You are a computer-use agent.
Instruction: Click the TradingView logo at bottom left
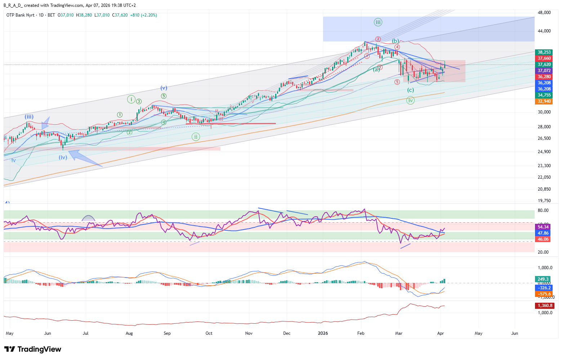point(33,349)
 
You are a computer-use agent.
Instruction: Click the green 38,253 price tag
point(544,52)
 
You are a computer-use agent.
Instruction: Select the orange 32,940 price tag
point(544,101)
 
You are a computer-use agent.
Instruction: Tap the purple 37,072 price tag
point(544,71)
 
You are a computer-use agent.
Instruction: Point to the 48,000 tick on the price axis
point(544,13)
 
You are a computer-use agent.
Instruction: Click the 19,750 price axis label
point(544,201)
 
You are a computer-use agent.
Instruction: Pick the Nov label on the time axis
point(249,333)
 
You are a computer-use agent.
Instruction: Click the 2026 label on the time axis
point(323,333)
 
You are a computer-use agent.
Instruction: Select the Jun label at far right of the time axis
point(514,333)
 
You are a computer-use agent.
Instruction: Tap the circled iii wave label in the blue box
point(378,22)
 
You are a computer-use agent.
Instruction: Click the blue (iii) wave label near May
point(29,117)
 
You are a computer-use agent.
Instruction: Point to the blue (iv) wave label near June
point(63,157)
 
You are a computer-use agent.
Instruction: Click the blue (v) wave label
point(164,88)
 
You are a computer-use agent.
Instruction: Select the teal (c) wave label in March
point(410,90)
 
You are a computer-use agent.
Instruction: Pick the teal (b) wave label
point(396,41)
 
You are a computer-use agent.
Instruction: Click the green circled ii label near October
point(196,137)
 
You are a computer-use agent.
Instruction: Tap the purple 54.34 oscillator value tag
point(543,227)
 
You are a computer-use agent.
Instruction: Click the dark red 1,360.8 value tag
point(545,306)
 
